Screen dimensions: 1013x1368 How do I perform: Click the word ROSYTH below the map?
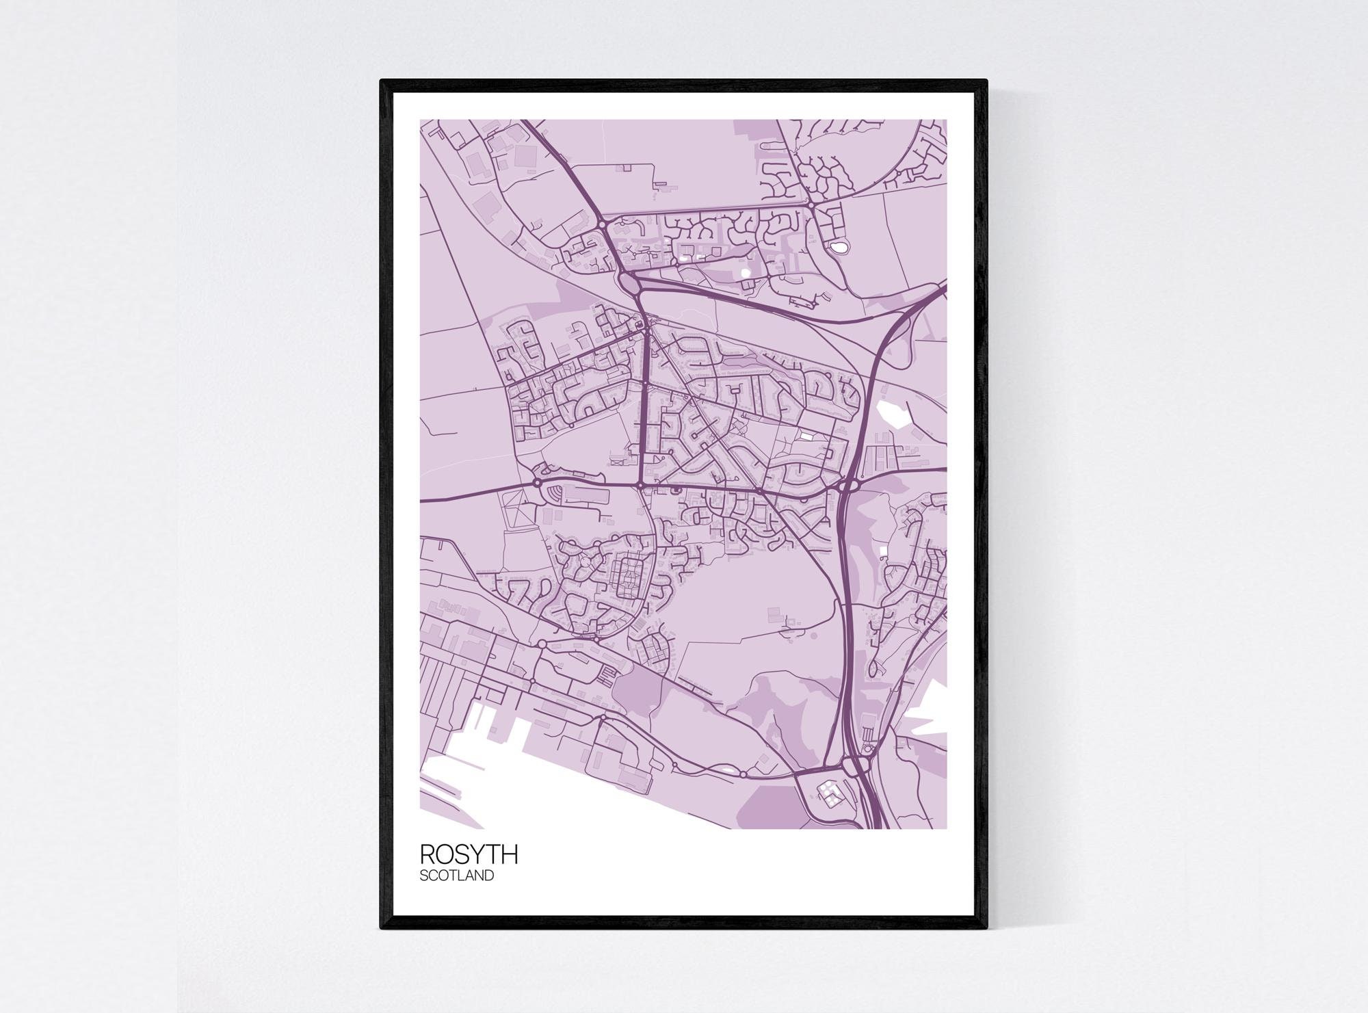(x=469, y=854)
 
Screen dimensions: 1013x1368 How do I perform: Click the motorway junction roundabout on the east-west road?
(x=847, y=485)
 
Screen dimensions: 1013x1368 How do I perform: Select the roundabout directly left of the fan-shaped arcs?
(x=538, y=483)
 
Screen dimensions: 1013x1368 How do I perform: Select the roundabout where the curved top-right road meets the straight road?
(x=810, y=204)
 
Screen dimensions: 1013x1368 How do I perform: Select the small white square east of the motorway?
(x=882, y=549)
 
